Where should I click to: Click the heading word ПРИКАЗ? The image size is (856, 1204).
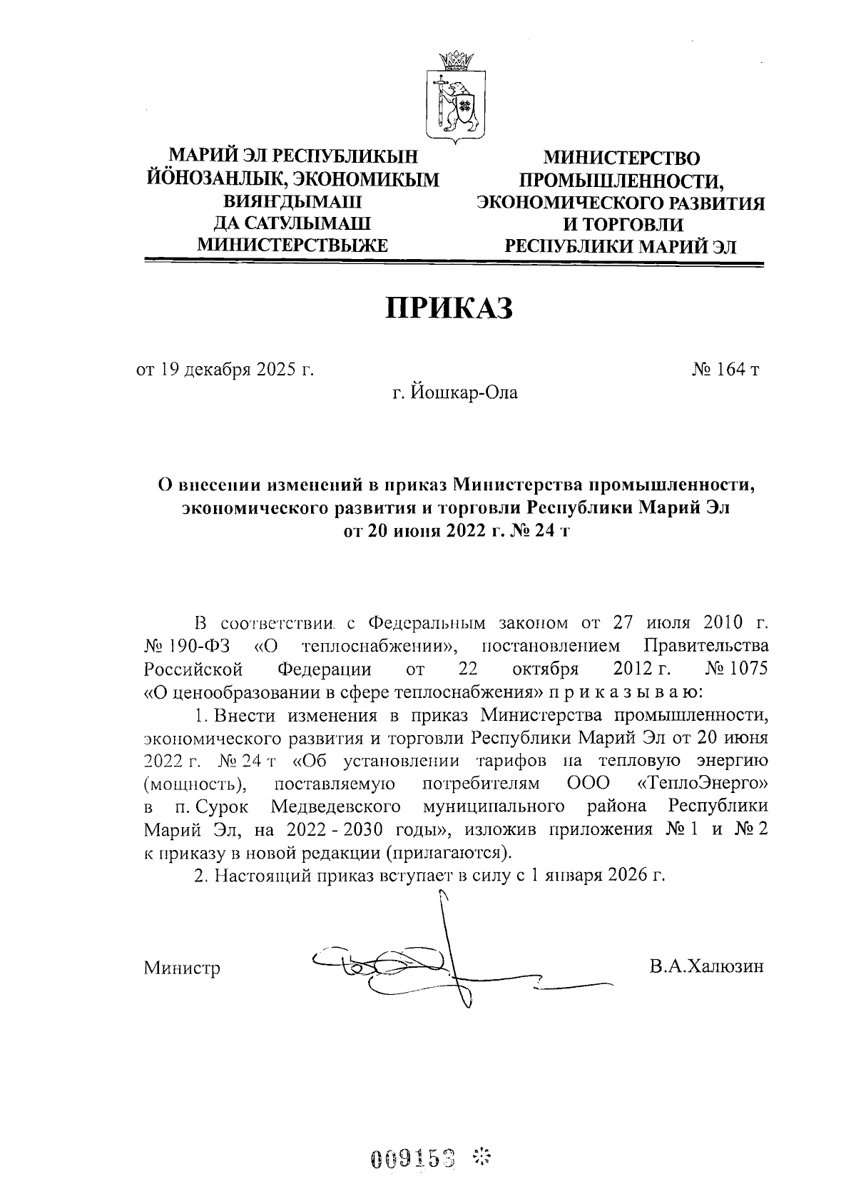449,308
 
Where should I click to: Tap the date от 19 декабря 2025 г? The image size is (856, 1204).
225,370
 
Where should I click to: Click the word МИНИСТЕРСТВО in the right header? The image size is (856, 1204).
621,158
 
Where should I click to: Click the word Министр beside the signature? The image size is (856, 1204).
182,968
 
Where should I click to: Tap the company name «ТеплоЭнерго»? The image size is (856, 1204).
703,784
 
